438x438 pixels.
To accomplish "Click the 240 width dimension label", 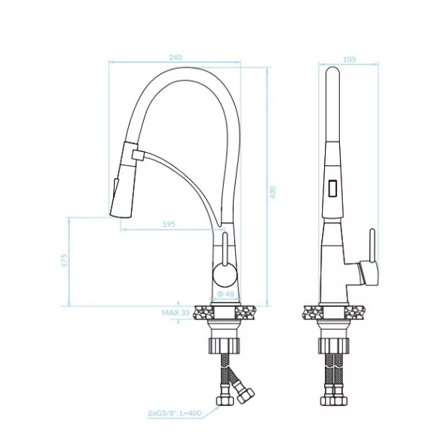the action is [x=175, y=57].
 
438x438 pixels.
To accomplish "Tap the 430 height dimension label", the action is [x=273, y=192].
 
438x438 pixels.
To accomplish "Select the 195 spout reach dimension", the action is [x=168, y=224].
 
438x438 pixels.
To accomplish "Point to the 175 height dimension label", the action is [x=64, y=260].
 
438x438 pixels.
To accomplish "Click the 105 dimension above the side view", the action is [x=349, y=59].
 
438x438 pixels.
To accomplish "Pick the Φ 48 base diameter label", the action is [x=225, y=293].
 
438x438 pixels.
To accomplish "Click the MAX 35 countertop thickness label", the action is [x=176, y=312].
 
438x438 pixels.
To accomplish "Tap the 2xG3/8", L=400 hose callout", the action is [x=174, y=413].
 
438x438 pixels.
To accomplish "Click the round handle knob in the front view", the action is [x=225, y=274].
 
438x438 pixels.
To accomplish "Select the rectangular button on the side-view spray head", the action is [x=332, y=188].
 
